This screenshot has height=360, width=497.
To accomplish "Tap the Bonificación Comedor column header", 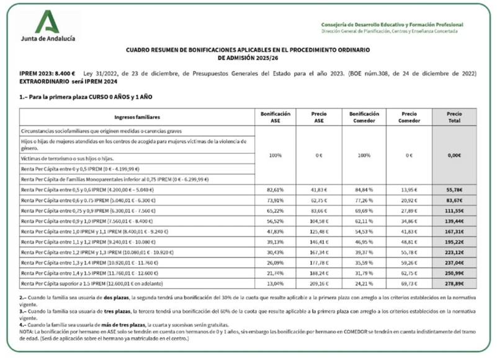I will pyautogui.click(x=363, y=117).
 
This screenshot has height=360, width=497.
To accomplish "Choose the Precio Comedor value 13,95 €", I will pyautogui.click(x=408, y=189).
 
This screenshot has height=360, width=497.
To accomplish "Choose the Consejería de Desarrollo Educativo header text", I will pyautogui.click(x=387, y=25).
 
